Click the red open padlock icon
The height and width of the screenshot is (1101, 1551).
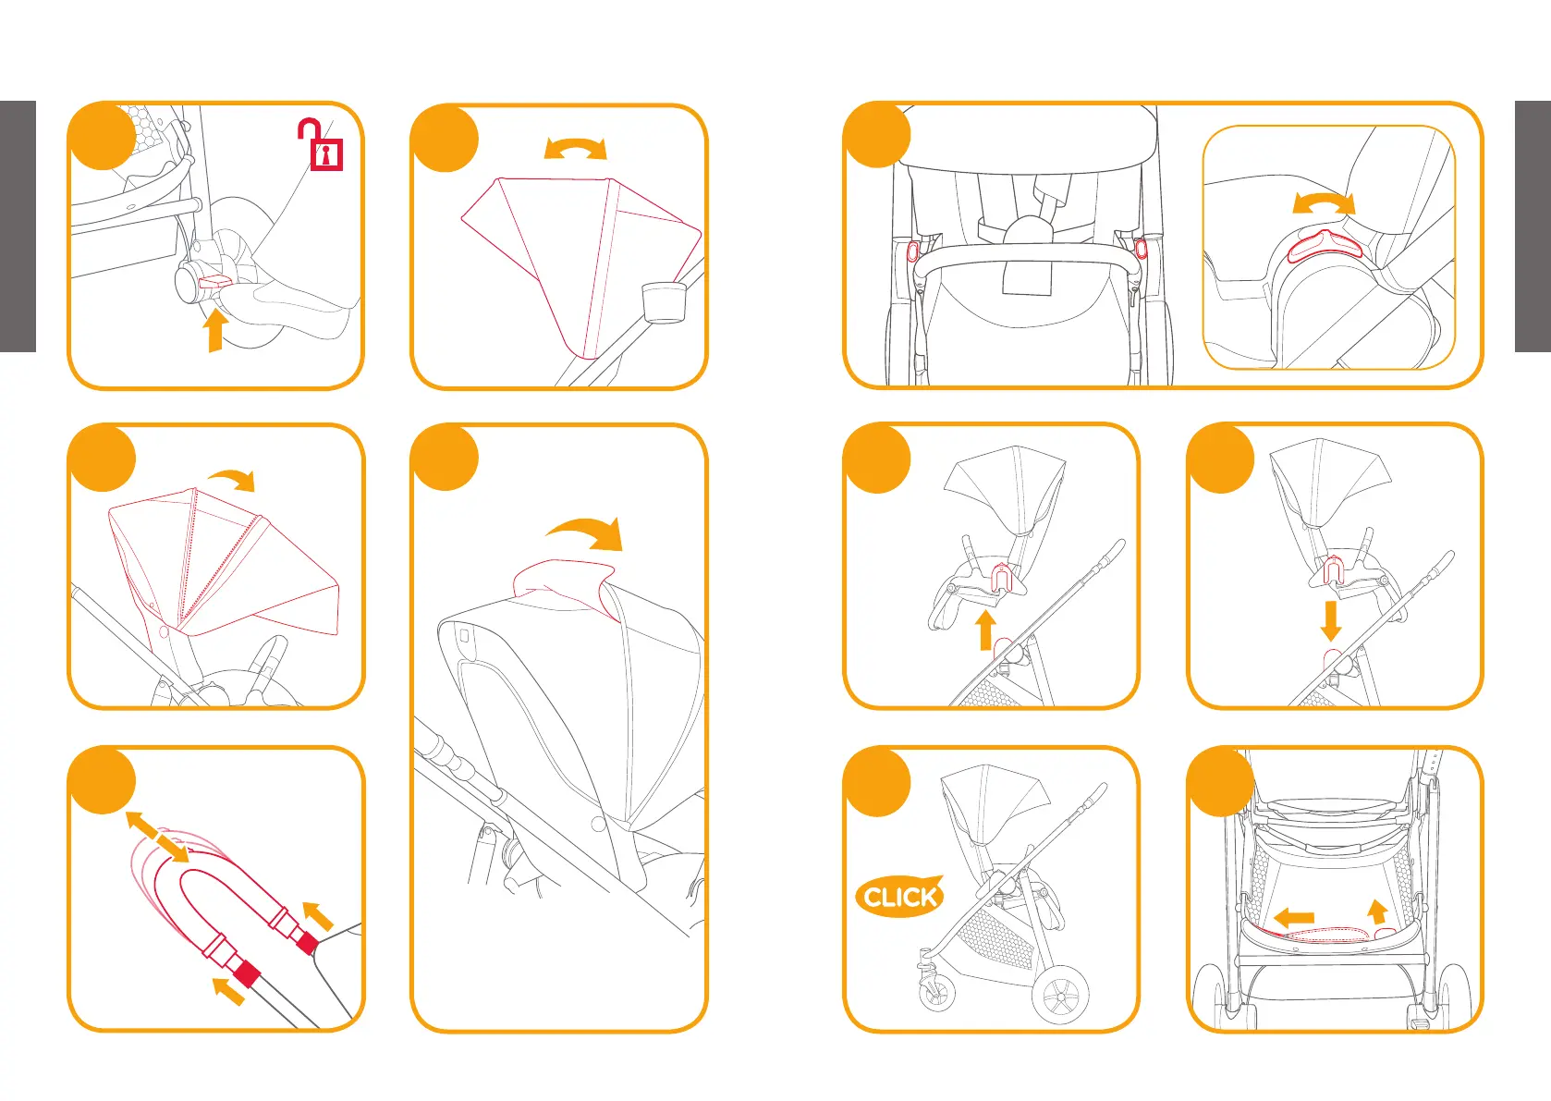coord(322,146)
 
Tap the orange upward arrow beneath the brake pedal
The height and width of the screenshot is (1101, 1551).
coord(215,330)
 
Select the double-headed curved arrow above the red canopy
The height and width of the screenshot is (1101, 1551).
coord(575,148)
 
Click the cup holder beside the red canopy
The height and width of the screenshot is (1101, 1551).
coord(665,302)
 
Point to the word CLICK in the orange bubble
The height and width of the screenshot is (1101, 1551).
coord(899,897)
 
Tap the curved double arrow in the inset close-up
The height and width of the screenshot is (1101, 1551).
coord(1323,202)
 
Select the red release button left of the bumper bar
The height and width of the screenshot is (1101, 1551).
coord(914,251)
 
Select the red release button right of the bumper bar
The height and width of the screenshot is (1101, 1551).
coord(1140,247)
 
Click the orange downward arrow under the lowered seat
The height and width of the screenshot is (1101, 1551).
coord(1330,620)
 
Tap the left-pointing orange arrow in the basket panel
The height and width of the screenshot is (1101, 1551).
coord(1293,917)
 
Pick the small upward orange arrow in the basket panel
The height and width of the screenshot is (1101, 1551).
coord(1377,911)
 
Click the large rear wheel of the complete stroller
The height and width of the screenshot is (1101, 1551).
coord(1059,995)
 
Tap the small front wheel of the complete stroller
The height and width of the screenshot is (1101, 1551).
coord(936,995)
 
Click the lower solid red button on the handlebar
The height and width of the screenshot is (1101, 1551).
coord(246,973)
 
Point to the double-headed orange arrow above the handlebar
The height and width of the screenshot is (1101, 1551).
coord(157,837)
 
